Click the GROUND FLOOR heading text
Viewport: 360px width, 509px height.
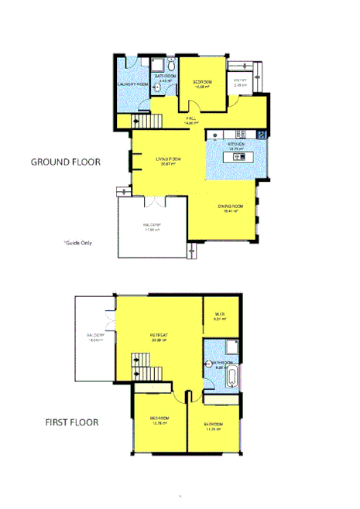pyautogui.click(x=67, y=162)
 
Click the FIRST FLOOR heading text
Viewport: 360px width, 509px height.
pyautogui.click(x=70, y=423)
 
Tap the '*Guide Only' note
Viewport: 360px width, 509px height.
pyautogui.click(x=77, y=242)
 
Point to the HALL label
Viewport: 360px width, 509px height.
pyautogui.click(x=190, y=118)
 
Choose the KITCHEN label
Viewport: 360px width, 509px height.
pyautogui.click(x=236, y=144)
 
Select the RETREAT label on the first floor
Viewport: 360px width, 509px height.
pyautogui.click(x=159, y=335)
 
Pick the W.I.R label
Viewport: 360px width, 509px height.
pyautogui.click(x=220, y=314)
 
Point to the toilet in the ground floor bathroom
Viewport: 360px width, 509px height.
pyautogui.click(x=156, y=88)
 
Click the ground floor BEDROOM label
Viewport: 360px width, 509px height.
pyautogui.click(x=202, y=82)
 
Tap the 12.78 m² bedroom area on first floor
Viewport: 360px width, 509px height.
pyautogui.click(x=159, y=422)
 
